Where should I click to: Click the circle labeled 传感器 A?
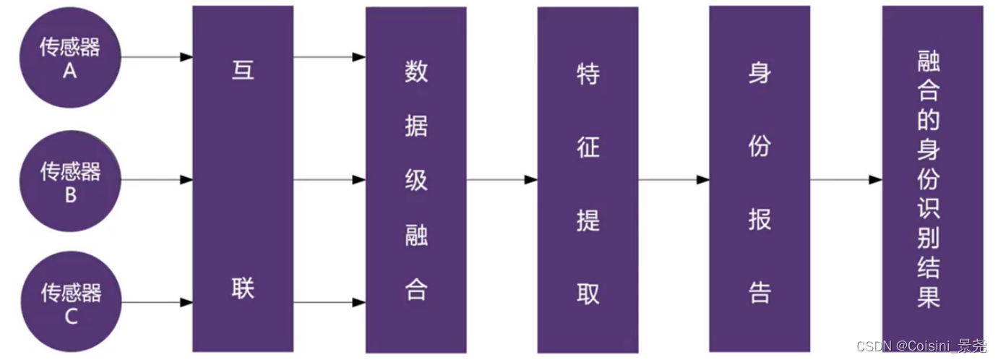(70, 58)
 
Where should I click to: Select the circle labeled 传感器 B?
(70, 181)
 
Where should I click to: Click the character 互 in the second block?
(243, 70)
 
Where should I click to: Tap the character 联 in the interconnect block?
(243, 289)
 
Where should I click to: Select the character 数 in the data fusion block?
(416, 72)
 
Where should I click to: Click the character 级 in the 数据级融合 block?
(416, 180)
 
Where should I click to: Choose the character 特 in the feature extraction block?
(588, 73)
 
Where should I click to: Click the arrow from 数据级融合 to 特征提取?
(502, 179)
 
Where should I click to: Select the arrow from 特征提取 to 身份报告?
(674, 179)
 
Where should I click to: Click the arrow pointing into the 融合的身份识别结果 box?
(846, 179)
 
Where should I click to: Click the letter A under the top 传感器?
(70, 72)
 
